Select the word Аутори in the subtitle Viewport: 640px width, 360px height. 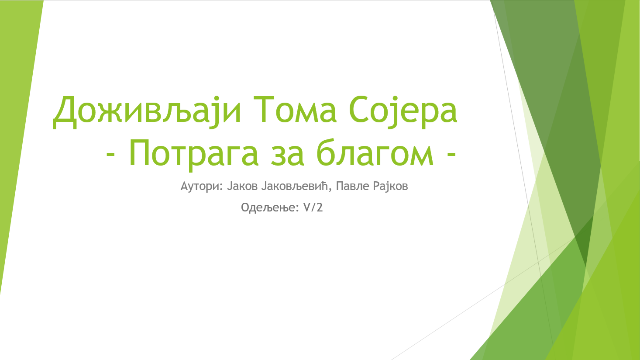(200, 187)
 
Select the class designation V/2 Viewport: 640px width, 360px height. (313, 208)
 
